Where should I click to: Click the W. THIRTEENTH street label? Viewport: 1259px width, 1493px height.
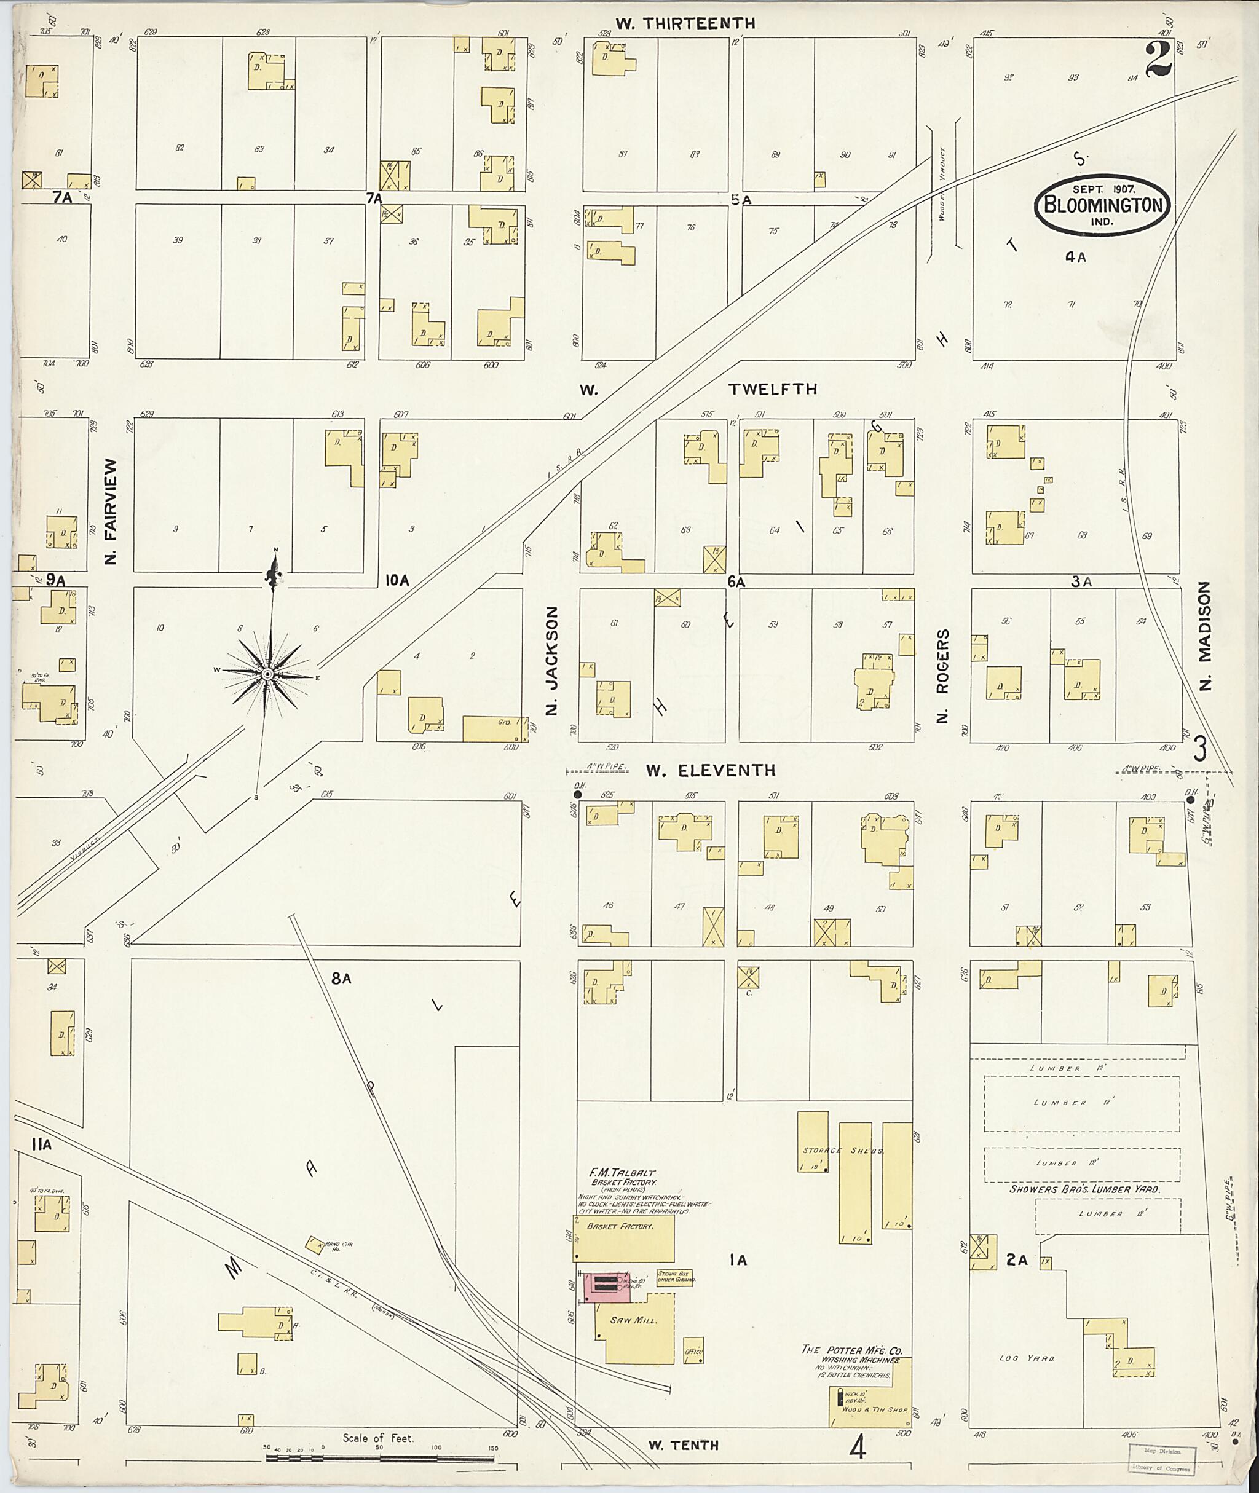[x=685, y=23]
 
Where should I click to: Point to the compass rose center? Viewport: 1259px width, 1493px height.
[x=267, y=674]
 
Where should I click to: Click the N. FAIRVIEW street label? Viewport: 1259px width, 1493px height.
[x=111, y=511]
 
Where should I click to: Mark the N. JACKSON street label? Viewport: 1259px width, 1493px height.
[x=550, y=661]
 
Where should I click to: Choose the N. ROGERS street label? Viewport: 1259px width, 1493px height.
[x=942, y=677]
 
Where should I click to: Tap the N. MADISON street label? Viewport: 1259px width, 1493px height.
[x=1206, y=636]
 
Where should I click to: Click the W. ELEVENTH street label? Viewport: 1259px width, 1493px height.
[x=710, y=771]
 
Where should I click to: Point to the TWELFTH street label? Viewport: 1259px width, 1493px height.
[x=772, y=389]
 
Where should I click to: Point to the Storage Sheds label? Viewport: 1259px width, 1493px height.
[x=842, y=1151]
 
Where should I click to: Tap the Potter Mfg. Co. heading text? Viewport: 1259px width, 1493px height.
[x=851, y=1350]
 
